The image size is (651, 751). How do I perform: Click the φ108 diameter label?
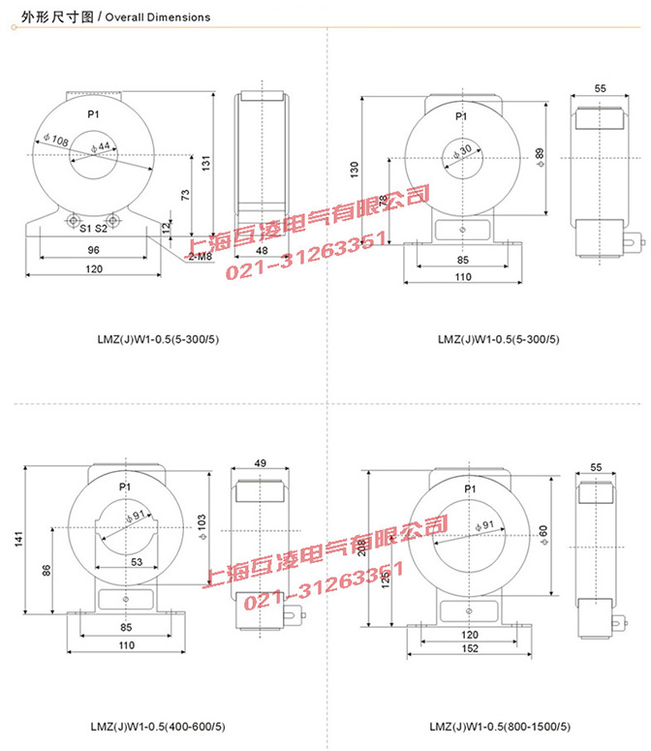pos(56,141)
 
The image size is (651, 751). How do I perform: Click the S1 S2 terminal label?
pos(92,229)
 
